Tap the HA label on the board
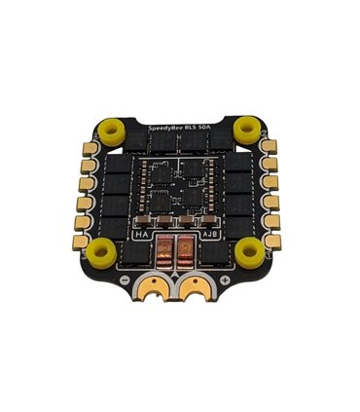tap(141, 234)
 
